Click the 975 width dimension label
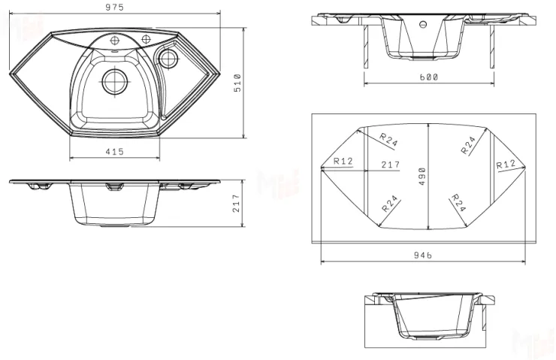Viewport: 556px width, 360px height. [114, 7]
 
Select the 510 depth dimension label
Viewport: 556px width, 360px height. [237, 83]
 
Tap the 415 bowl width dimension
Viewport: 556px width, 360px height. [114, 152]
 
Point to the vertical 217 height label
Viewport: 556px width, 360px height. [237, 203]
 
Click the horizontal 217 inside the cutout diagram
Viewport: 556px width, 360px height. [391, 165]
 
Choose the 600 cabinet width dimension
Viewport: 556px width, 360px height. [429, 77]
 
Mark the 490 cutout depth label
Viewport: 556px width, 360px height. [422, 177]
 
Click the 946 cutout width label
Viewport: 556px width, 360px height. [423, 255]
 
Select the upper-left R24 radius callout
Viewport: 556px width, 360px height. [388, 139]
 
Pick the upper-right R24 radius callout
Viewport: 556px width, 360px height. [468, 145]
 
